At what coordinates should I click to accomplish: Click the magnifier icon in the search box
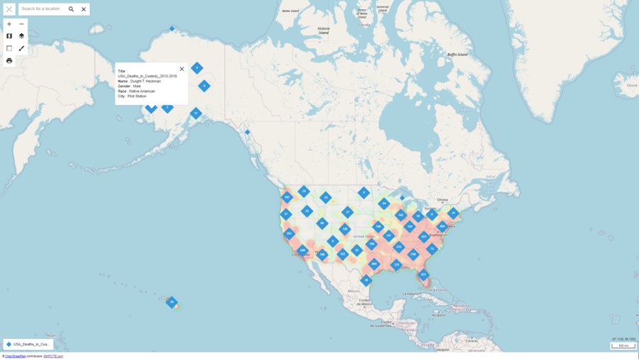(x=71, y=9)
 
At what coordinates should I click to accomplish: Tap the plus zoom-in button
(x=9, y=24)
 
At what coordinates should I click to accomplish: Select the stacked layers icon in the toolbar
(x=21, y=36)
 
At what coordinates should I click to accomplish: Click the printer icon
(x=9, y=61)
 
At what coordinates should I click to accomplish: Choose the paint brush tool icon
(x=21, y=48)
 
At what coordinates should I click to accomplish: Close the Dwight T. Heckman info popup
(x=182, y=69)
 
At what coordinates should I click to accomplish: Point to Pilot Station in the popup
(x=137, y=96)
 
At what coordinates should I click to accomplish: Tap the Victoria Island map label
(x=324, y=31)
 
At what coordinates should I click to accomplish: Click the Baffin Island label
(x=457, y=55)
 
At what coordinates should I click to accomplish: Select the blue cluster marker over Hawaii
(x=171, y=302)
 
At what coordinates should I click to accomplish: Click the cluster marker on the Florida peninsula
(x=424, y=275)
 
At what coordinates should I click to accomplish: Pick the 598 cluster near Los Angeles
(x=302, y=250)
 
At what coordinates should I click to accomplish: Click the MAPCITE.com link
(x=53, y=356)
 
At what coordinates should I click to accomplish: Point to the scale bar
(x=623, y=346)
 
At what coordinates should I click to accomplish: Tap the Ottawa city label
(x=443, y=200)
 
